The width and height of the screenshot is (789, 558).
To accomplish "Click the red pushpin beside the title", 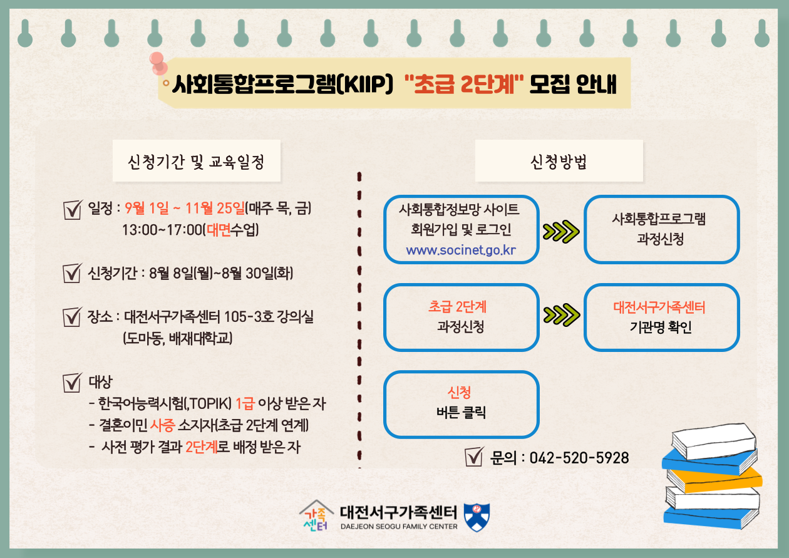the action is click(158, 63).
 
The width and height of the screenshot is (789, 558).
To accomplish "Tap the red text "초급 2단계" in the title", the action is click(464, 85).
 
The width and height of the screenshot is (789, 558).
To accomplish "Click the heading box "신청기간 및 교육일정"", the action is click(197, 161).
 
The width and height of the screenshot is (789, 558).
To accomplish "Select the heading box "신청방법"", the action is click(559, 161).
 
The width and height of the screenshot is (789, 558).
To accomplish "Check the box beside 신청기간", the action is click(73, 273).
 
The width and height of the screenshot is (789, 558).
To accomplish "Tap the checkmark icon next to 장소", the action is click(73, 317).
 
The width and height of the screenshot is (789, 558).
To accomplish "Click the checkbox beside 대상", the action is click(73, 383).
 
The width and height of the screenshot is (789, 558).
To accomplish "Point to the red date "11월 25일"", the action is click(215, 208).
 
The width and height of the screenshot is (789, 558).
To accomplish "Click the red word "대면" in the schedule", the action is click(219, 230).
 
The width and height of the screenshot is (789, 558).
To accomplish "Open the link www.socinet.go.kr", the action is click(461, 250).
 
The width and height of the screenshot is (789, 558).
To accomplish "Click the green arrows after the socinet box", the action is click(561, 232).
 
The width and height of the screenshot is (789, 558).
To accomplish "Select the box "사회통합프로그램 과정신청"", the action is click(661, 229).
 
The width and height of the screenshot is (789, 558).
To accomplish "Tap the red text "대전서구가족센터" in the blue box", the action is click(659, 307).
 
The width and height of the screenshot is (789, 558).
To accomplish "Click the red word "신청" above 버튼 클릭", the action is click(459, 392).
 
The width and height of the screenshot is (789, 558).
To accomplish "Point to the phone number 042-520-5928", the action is click(579, 458).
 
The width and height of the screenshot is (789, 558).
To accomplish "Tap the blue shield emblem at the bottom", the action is click(477, 517).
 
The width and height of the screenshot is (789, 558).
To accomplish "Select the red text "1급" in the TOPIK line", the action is click(244, 403).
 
